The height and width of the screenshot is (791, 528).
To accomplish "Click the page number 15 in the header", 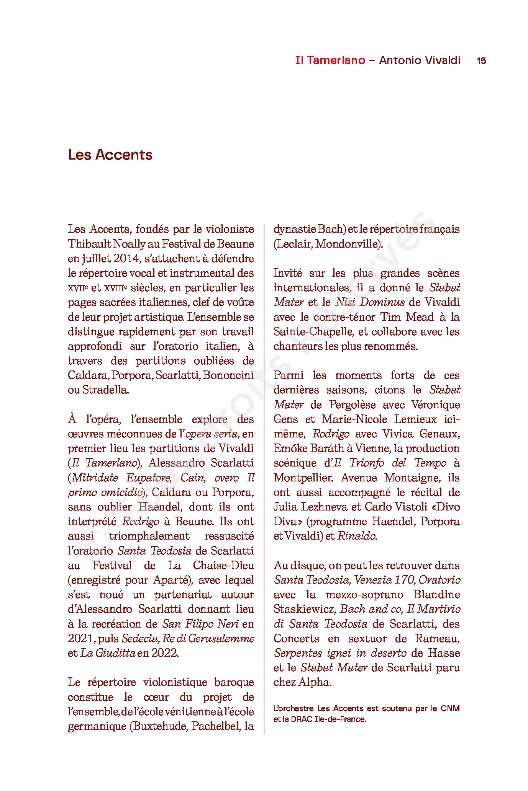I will click(481, 60).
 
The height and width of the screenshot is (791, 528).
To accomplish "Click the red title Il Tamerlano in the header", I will click(330, 60).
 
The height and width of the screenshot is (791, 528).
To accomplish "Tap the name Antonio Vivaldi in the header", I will click(420, 60).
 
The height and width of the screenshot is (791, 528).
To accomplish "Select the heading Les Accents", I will click(110, 155).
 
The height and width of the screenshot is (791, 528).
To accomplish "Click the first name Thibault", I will click(90, 244).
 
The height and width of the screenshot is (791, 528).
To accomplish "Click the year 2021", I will click(81, 639).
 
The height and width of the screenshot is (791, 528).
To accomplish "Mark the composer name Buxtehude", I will click(158, 726).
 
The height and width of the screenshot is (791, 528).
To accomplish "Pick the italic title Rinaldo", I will click(356, 536).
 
